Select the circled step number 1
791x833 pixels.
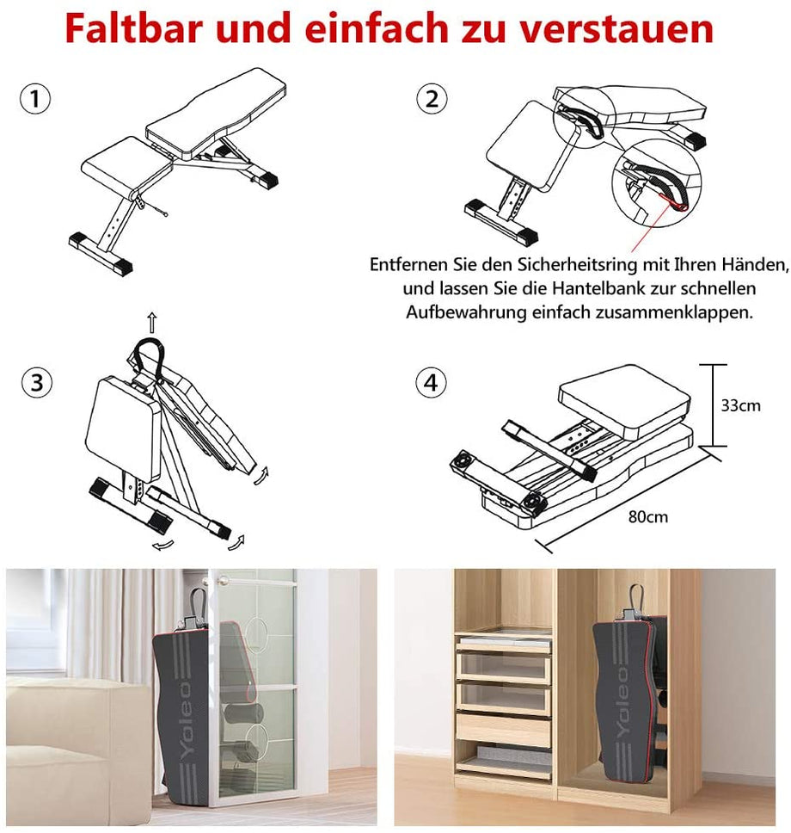35,99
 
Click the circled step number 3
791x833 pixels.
35,382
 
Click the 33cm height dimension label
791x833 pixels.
740,404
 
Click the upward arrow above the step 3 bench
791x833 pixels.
152,323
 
